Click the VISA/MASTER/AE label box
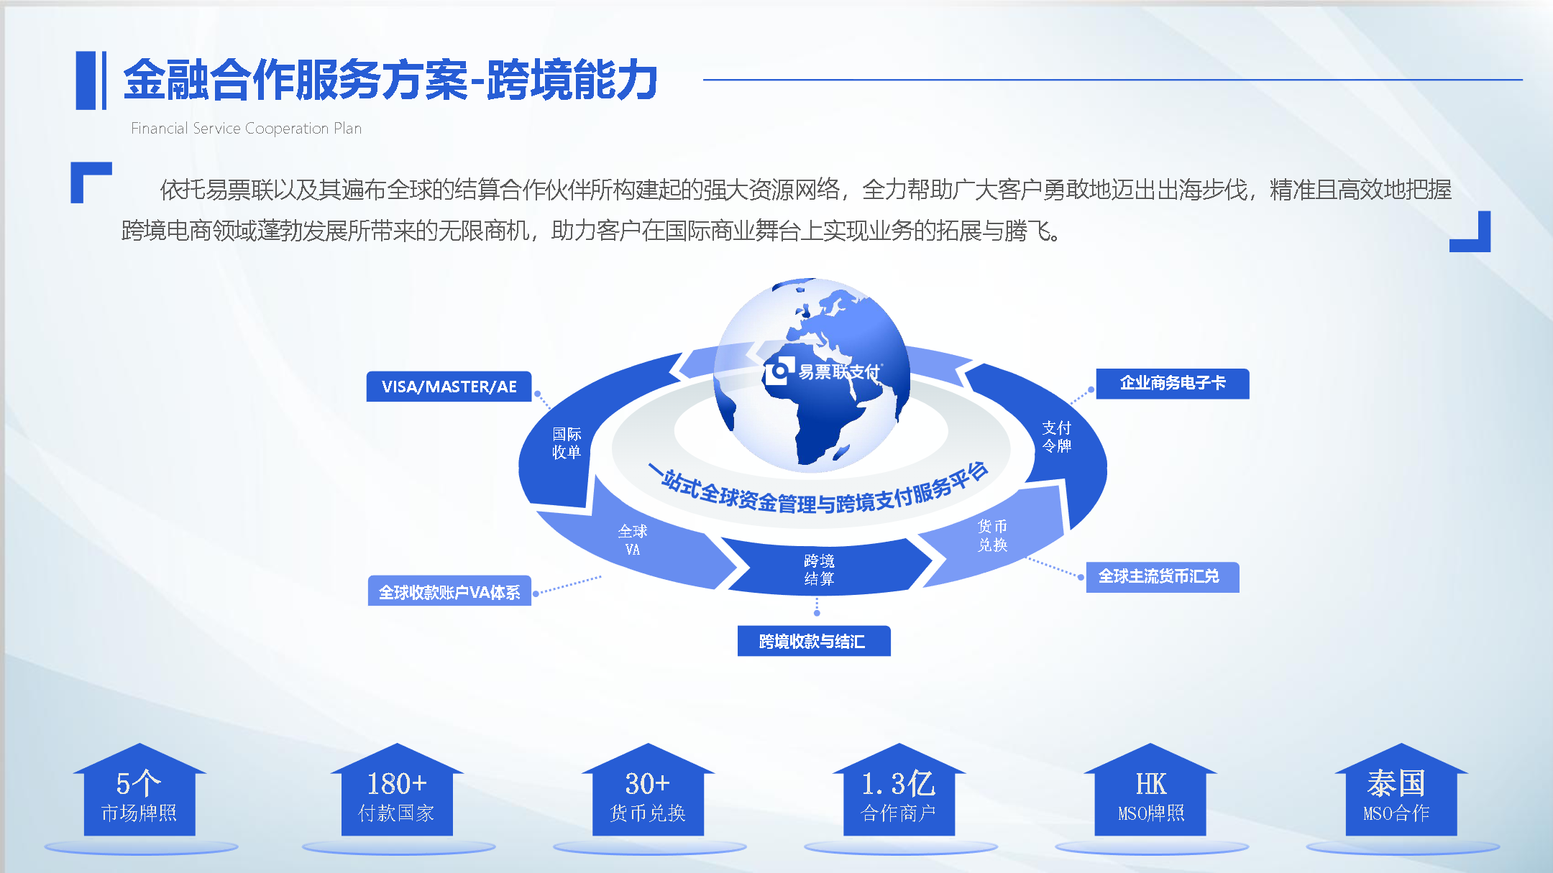[x=449, y=387]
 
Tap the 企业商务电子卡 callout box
[x=1173, y=383]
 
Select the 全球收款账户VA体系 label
[x=449, y=591]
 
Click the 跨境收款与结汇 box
[x=814, y=641]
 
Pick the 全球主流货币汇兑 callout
[x=1163, y=576]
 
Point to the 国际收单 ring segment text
[x=567, y=443]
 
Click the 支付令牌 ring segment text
[x=1057, y=437]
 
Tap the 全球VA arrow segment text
[x=633, y=540]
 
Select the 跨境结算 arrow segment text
[x=819, y=569]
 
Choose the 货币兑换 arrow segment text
[x=992, y=535]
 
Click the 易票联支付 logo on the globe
[x=823, y=371]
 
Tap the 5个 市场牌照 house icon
[x=139, y=789]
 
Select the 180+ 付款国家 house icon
[x=397, y=789]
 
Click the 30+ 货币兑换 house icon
[x=648, y=789]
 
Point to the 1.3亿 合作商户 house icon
[x=899, y=789]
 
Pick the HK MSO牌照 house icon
[x=1150, y=789]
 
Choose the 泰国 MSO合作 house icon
[x=1401, y=789]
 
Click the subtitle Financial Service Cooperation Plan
[x=246, y=128]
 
